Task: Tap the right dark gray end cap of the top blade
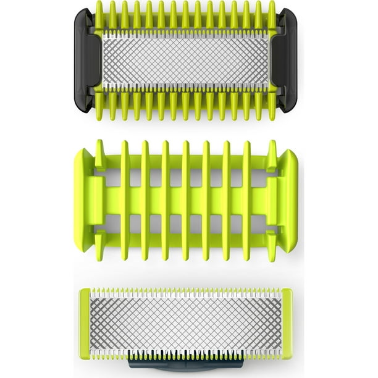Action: [288, 60]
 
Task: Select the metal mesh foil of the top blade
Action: [185, 60]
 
